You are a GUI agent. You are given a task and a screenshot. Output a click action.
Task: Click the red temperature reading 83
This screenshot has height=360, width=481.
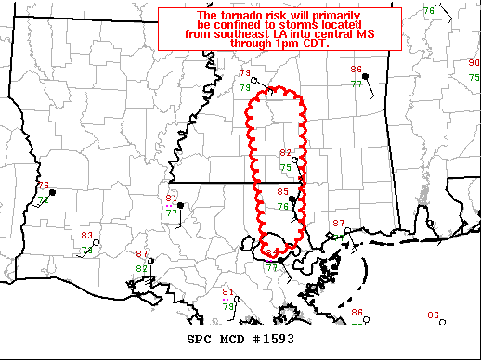coord(86,237)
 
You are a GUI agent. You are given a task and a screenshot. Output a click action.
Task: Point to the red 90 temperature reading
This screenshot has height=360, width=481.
coord(474,63)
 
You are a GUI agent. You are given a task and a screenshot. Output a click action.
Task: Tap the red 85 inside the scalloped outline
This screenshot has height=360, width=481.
coord(283,192)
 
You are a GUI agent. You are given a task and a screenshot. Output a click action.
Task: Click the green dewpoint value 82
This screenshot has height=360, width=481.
coord(142,267)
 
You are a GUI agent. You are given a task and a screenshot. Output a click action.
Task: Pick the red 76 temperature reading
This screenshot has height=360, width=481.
coord(43,186)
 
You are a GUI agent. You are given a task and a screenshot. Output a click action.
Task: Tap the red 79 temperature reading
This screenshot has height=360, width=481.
coord(245,74)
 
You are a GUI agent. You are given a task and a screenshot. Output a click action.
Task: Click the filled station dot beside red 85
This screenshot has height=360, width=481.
coord(292,199)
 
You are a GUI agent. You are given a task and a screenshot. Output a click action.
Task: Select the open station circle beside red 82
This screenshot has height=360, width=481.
coord(294,161)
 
